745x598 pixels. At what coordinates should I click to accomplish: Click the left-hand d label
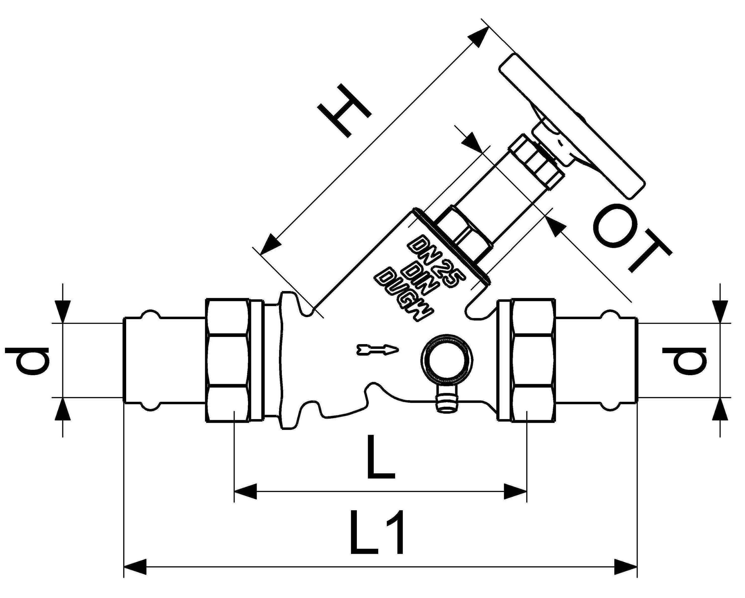pyautogui.click(x=28, y=361)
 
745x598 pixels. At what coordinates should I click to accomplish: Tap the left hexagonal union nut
pyautogui.click(x=227, y=360)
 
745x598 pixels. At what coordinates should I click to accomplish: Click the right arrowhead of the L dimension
pyautogui.click(x=515, y=491)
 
